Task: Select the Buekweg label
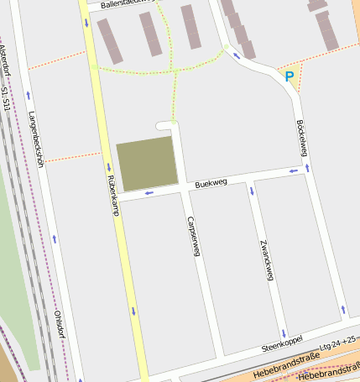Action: (x=211, y=182)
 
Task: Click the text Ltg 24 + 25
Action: (x=338, y=343)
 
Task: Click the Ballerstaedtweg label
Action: (x=127, y=3)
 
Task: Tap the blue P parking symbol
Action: (x=290, y=76)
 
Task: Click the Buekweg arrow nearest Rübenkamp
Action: (x=149, y=193)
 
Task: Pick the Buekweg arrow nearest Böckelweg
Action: (x=293, y=171)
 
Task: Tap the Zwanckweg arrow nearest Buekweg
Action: (x=251, y=190)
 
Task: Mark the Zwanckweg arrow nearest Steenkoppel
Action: (x=284, y=332)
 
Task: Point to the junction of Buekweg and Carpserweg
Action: (x=183, y=190)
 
